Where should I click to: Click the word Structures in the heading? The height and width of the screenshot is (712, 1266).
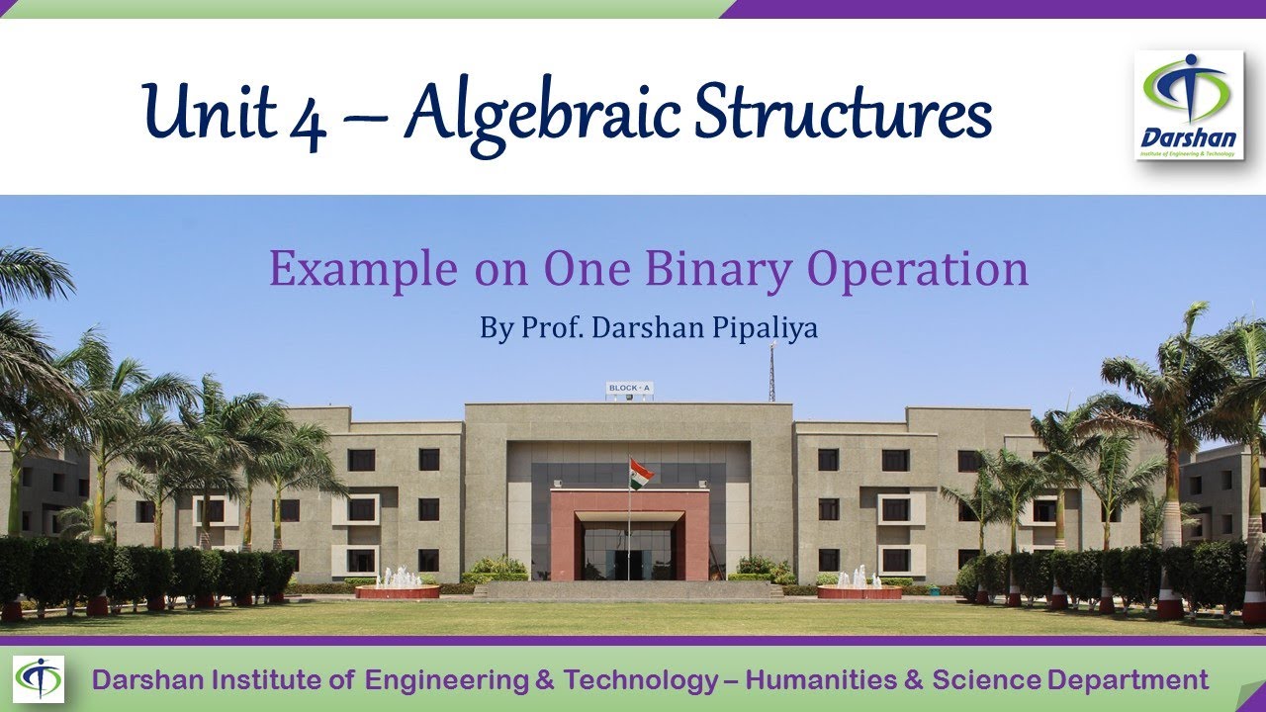click(x=842, y=111)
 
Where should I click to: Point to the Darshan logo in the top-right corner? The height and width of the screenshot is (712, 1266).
click(x=1188, y=105)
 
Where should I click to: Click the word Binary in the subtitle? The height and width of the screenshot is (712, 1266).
click(x=728, y=269)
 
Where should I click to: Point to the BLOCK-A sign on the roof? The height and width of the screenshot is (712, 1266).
click(x=630, y=389)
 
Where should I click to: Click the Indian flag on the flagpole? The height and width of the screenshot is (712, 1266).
click(x=641, y=473)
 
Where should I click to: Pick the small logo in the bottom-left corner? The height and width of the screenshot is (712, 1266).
click(x=39, y=679)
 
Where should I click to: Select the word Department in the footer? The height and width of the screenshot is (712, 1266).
click(x=1128, y=680)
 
